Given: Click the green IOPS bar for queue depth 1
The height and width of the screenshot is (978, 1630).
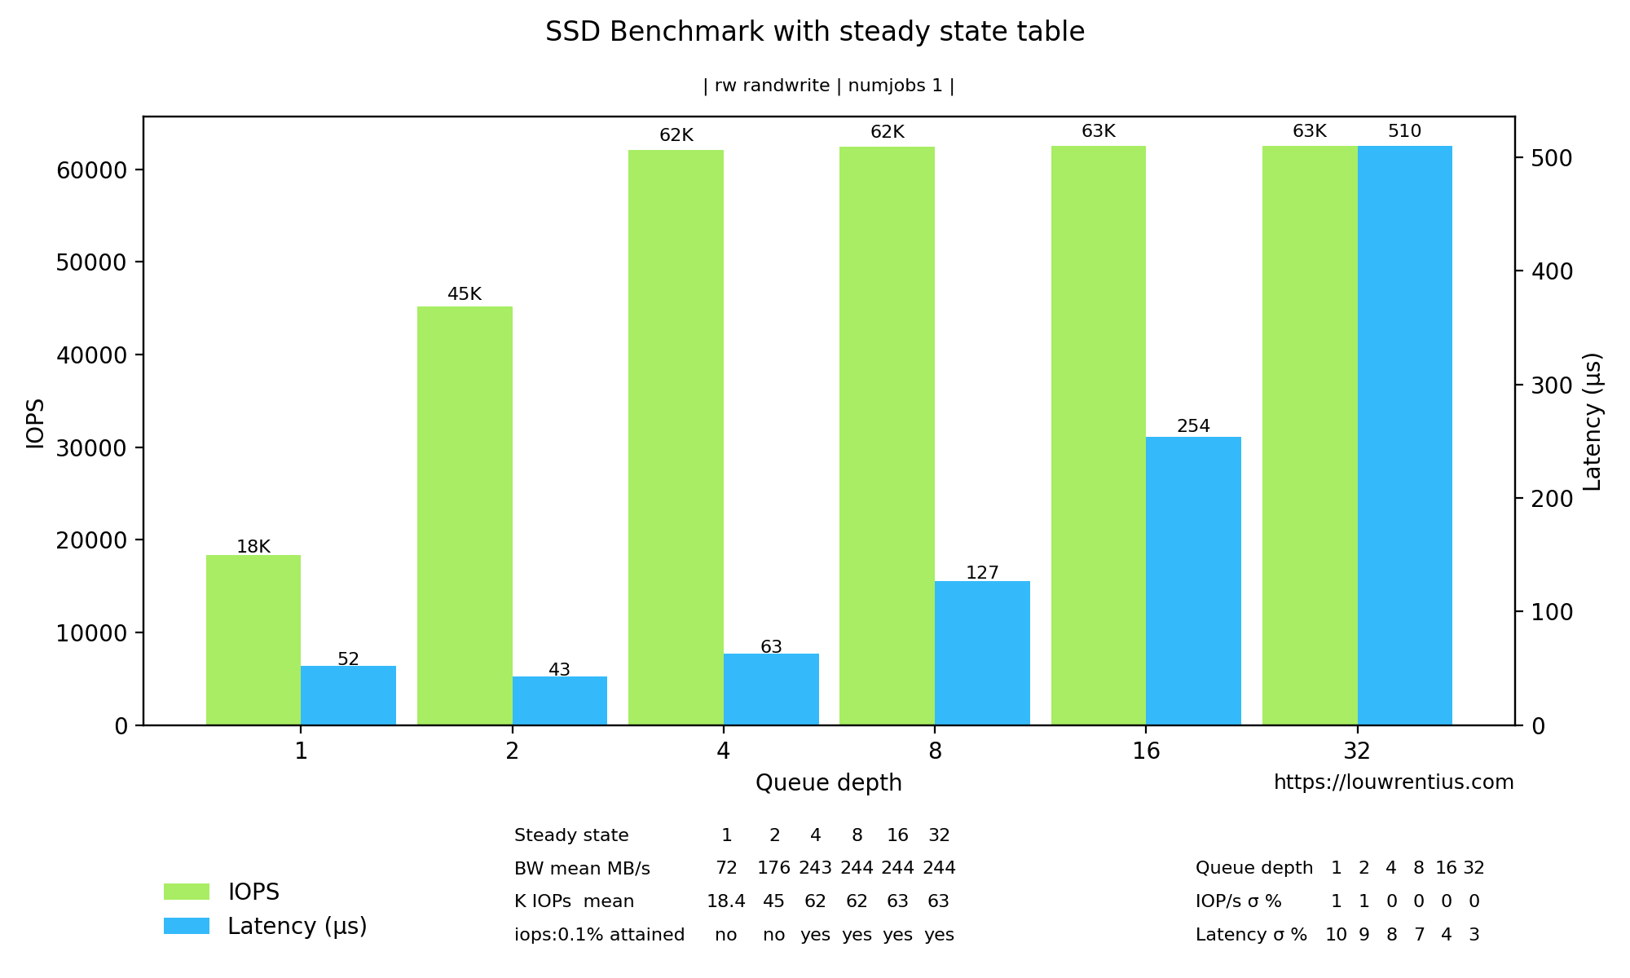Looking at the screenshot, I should [253, 640].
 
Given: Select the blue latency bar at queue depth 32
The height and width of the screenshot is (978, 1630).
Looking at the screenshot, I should [1405, 435].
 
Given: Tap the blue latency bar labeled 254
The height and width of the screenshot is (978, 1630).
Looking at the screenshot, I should [1193, 580].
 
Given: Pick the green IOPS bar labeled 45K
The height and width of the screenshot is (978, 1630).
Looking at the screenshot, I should [465, 515].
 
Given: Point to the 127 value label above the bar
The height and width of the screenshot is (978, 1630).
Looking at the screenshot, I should [982, 573].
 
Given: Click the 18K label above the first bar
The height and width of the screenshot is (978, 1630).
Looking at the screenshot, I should [253, 547].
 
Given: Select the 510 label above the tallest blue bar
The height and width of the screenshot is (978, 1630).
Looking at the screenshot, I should [1404, 131].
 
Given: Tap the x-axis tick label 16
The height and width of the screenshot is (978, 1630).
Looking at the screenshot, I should [1146, 751].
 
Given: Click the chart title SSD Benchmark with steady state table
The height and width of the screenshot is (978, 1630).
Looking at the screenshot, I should [815, 32].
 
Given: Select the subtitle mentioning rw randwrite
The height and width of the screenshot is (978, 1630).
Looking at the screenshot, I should [828, 86].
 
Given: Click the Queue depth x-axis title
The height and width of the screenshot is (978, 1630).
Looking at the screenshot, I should [828, 783].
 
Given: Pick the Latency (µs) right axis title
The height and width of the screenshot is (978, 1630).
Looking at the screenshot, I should [1593, 421].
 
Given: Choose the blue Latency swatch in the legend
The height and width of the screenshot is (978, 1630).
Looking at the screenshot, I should [187, 926].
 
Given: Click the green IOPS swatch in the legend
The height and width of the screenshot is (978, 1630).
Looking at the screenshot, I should [187, 892].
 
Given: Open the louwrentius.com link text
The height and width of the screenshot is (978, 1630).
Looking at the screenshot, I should [1394, 782].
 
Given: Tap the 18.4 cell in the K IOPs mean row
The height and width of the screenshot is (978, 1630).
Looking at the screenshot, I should [726, 901].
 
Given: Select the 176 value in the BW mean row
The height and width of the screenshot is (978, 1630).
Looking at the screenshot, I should [773, 868].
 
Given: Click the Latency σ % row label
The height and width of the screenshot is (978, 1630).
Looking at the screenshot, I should [1251, 935].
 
